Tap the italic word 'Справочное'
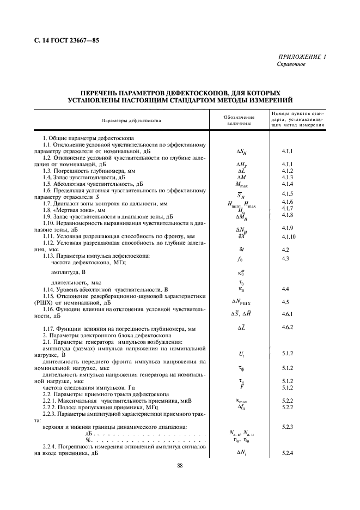[x=291, y=64]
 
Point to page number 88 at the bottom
[x=180, y=465]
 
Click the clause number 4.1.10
[x=289, y=237]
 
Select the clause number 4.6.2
[x=288, y=326]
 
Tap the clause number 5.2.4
[x=288, y=453]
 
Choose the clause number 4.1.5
[x=288, y=193]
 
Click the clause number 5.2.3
[x=288, y=426]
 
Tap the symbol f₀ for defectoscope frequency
[x=240, y=259]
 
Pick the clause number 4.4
[x=285, y=288]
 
